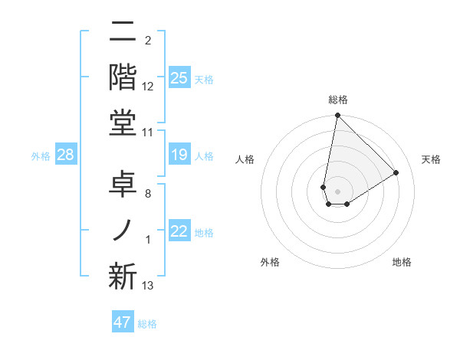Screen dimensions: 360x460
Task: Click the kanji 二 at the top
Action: [123, 33]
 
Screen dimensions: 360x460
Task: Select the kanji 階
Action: [123, 77]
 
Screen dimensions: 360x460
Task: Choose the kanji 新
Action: [123, 276]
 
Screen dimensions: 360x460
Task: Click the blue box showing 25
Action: [179, 77]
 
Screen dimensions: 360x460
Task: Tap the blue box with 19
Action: [179, 155]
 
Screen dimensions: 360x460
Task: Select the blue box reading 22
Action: [179, 232]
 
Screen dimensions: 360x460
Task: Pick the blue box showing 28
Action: [66, 155]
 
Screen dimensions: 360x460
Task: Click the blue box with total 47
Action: [123, 322]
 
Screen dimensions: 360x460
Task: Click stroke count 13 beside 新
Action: [148, 286]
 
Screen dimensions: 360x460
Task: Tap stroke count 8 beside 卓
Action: [147, 195]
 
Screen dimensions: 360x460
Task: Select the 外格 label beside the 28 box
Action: [41, 155]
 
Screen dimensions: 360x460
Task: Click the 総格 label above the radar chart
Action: [338, 100]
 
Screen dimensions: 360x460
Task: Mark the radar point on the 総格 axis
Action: [337, 116]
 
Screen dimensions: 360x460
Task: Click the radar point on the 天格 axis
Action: [396, 172]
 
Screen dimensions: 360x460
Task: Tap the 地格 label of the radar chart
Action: [402, 262]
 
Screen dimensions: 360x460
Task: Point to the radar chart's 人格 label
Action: [245, 159]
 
